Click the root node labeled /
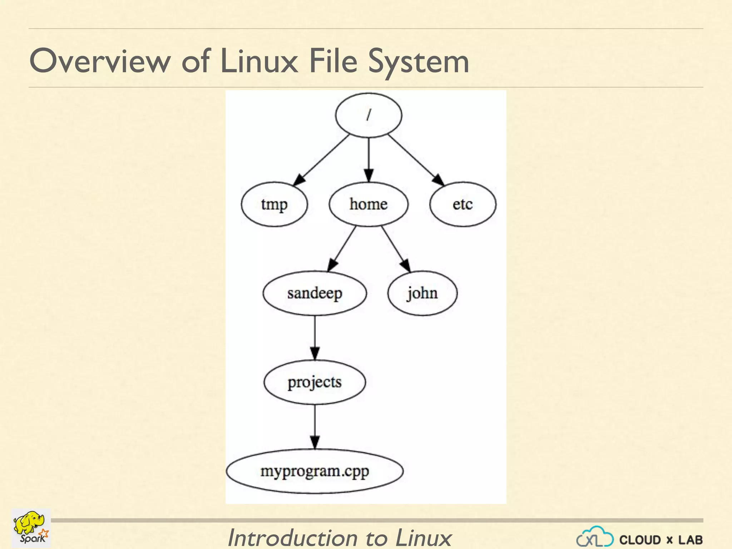pos(369,115)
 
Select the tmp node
pos(274,204)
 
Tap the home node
pos(369,204)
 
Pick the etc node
pos(463,204)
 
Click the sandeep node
pos(315,293)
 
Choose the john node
pos(422,293)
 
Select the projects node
pos(315,382)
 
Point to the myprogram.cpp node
pos(315,471)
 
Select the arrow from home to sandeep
pos(342,249)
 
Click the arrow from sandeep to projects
pos(315,338)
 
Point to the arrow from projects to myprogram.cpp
pos(315,427)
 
